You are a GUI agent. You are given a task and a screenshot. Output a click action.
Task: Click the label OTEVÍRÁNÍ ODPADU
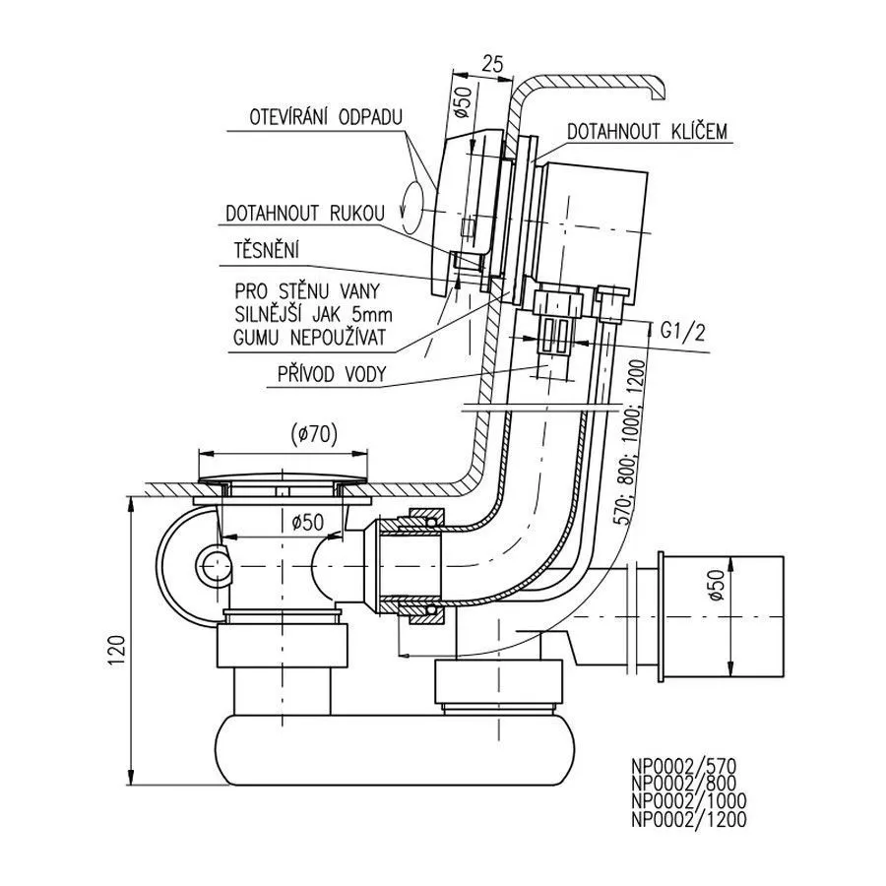click(312, 116)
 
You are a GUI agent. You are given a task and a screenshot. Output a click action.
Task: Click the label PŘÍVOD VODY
click(331, 374)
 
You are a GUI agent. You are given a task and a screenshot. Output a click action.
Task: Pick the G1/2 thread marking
click(683, 332)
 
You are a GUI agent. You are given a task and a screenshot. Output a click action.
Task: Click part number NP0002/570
click(684, 765)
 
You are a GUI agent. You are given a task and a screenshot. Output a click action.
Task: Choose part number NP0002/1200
click(689, 818)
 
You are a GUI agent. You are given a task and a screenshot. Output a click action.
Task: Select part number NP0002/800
click(685, 783)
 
